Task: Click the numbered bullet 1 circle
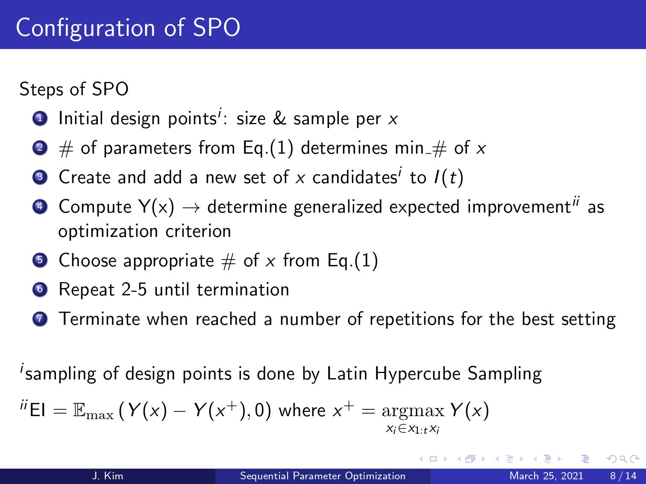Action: (40, 119)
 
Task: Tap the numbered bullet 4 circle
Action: (40, 207)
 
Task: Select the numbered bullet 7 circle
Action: (40, 319)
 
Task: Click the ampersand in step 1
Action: (279, 118)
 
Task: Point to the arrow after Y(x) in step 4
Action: (191, 208)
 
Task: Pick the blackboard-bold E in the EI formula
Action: (79, 410)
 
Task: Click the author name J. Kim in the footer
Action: (107, 476)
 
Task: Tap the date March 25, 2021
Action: (546, 476)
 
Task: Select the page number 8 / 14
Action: (623, 476)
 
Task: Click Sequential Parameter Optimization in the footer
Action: (323, 476)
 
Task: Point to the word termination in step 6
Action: (243, 290)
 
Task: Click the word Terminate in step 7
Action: (100, 319)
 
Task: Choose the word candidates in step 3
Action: (355, 178)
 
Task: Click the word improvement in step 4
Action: (519, 207)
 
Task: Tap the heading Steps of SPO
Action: (74, 89)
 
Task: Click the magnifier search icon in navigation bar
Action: (623, 459)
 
